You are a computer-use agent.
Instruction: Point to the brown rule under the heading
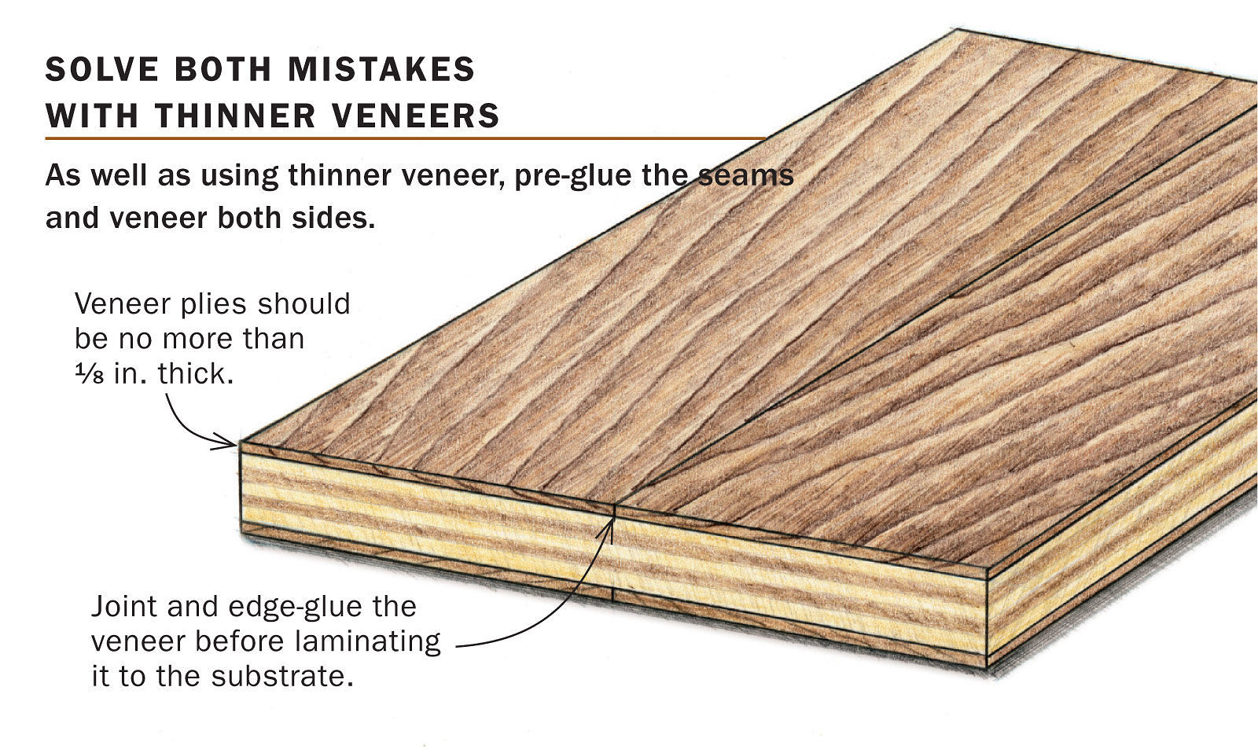pyautogui.click(x=405, y=139)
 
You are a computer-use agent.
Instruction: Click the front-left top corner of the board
pyautogui.click(x=241, y=443)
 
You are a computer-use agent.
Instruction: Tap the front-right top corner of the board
pyautogui.click(x=988, y=568)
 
